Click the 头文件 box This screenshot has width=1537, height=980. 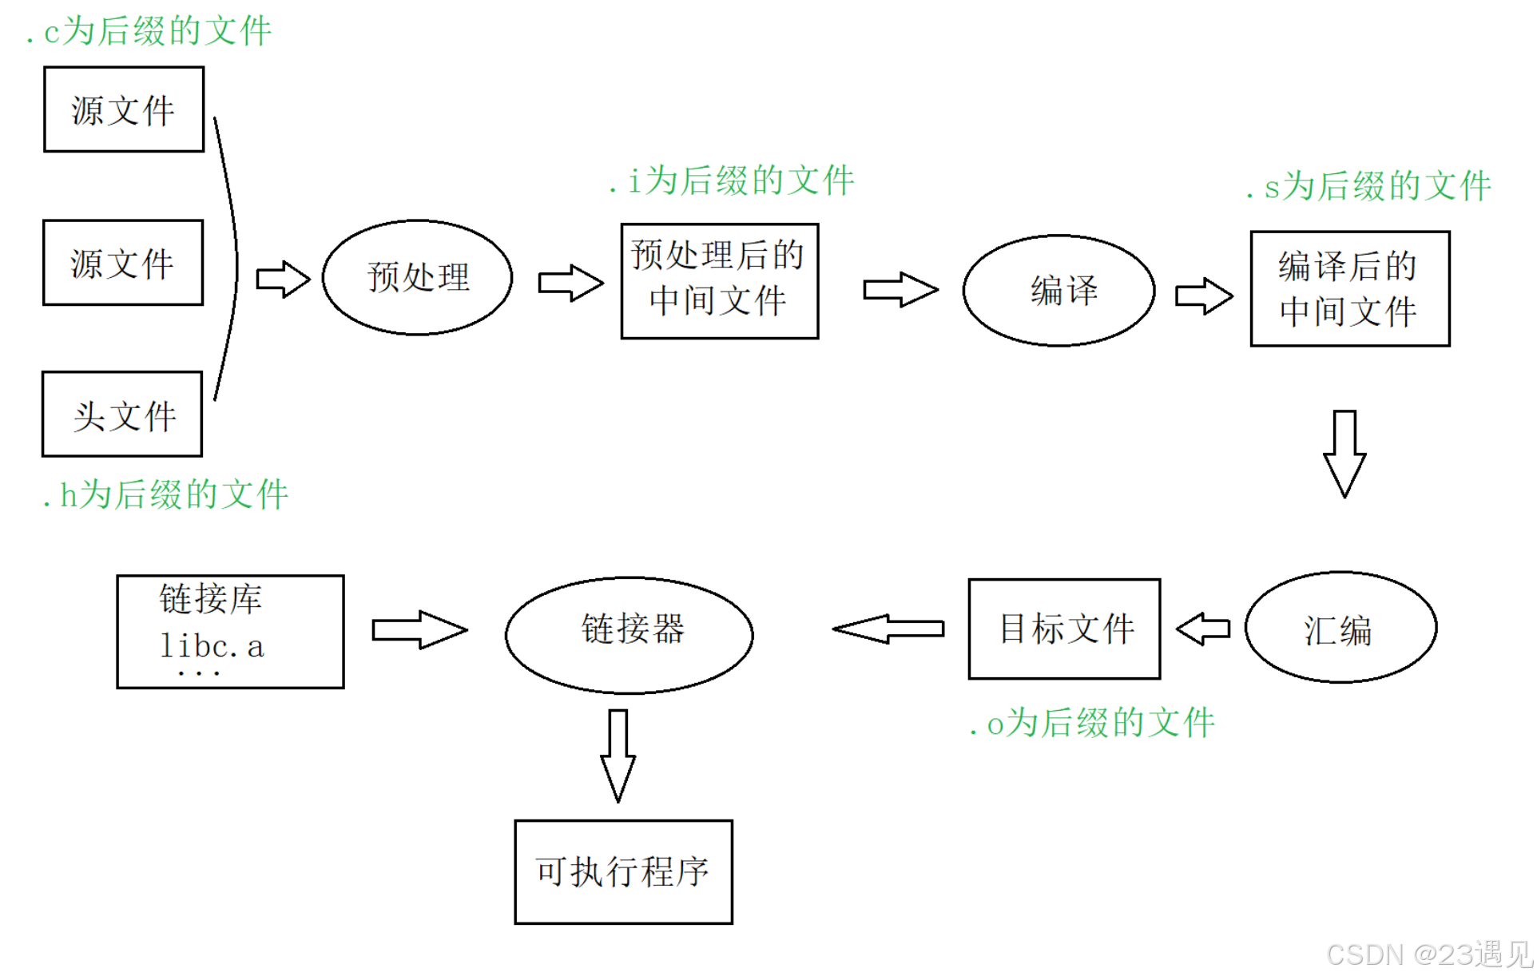[x=122, y=415]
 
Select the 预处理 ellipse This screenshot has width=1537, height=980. [x=417, y=277]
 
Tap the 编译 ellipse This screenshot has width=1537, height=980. [x=1058, y=291]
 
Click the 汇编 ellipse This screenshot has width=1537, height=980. [x=1340, y=628]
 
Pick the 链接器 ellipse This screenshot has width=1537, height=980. [x=629, y=635]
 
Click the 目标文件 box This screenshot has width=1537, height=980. [x=1064, y=629]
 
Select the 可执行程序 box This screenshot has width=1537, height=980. [x=623, y=872]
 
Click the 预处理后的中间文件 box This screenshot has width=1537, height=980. [x=720, y=281]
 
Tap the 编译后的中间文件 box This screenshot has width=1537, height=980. [x=1350, y=289]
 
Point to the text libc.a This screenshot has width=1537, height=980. [x=212, y=646]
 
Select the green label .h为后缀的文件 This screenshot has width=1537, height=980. [x=165, y=495]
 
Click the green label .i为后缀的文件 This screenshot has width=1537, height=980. [x=732, y=181]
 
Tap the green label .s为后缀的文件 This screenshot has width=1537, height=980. [x=1368, y=187]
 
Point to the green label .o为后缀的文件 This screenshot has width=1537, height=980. [x=1092, y=724]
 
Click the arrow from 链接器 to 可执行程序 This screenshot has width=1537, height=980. [x=618, y=755]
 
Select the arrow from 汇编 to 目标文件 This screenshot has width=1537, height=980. [x=1203, y=629]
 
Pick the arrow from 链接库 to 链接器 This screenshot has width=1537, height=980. [x=419, y=630]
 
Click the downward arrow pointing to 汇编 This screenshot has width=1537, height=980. [x=1344, y=453]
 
